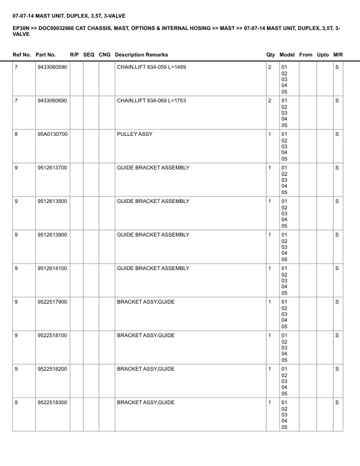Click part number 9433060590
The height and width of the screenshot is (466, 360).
(x=52, y=68)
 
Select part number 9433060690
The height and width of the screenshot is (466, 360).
(x=52, y=101)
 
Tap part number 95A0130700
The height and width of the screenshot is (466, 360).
(x=52, y=135)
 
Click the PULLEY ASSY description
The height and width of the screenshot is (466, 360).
(x=135, y=135)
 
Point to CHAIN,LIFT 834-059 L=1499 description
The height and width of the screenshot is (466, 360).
(x=152, y=68)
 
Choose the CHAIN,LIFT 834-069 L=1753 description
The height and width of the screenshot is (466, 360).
(x=152, y=101)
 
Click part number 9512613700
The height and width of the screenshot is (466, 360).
(x=52, y=168)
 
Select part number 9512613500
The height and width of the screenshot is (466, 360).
(x=52, y=202)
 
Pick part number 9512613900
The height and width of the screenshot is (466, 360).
(x=52, y=235)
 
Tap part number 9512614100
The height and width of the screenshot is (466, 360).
(x=52, y=269)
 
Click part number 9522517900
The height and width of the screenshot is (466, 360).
(x=52, y=302)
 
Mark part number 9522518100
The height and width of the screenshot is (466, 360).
(x=52, y=336)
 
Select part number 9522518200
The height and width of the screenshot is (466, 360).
(x=52, y=370)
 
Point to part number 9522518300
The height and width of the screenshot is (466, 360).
(x=52, y=403)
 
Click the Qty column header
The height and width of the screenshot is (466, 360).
(x=271, y=55)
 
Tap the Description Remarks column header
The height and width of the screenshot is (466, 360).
(x=141, y=55)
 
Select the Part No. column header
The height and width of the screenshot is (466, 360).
(x=46, y=55)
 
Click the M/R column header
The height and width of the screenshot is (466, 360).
(x=338, y=55)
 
